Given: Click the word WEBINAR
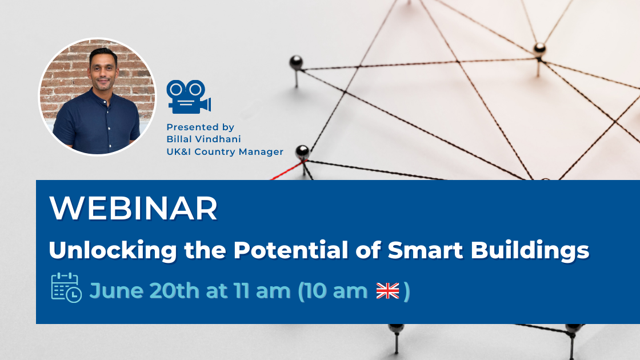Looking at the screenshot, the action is [x=134, y=208].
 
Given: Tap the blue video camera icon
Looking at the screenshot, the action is [x=189, y=97].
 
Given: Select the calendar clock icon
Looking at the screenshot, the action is [x=66, y=288].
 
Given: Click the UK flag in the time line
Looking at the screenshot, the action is [x=387, y=291].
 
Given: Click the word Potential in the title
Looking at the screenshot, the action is [x=291, y=249].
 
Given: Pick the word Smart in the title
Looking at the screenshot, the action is [x=425, y=250].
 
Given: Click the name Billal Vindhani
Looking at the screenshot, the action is [x=203, y=139].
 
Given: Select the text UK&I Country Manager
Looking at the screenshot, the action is [x=225, y=152].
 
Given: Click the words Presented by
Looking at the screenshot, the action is [x=201, y=127].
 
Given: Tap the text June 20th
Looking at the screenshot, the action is [x=145, y=291].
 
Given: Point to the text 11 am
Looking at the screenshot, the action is [x=262, y=291].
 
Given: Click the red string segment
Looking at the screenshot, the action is [x=287, y=171].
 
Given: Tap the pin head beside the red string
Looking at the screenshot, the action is [x=302, y=151].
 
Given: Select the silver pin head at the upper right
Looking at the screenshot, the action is [x=539, y=49].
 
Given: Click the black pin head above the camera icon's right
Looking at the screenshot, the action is [x=296, y=62].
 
